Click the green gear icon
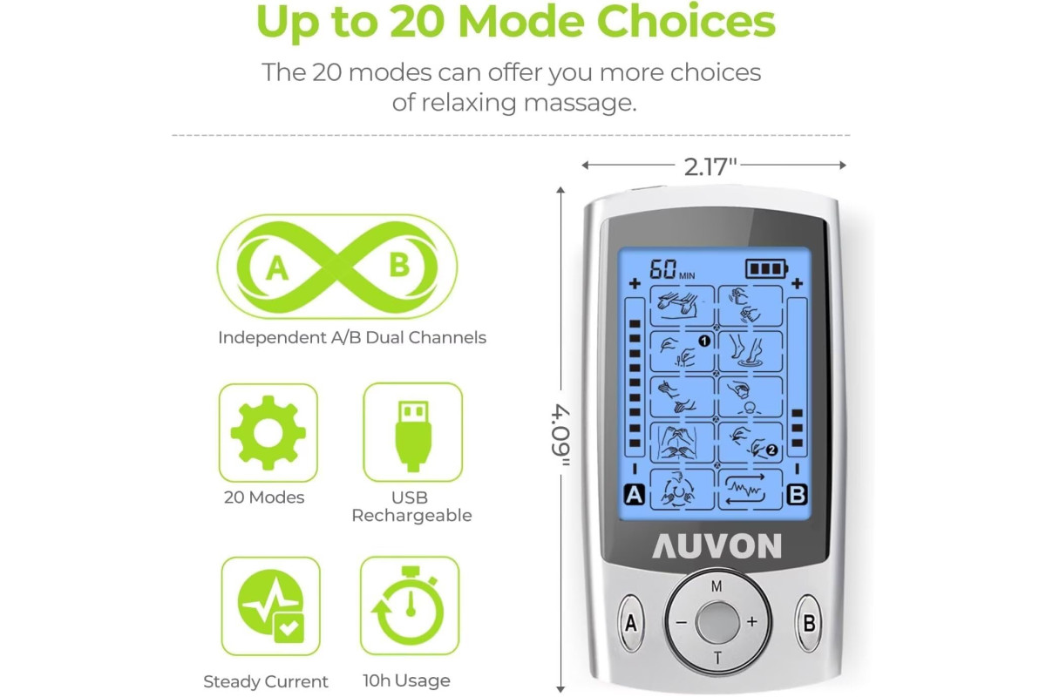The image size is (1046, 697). pyautogui.click(x=268, y=433)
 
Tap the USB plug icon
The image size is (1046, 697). pyautogui.click(x=413, y=436)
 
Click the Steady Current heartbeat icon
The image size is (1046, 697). pyautogui.click(x=271, y=606)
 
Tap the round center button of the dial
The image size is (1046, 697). pyautogui.click(x=717, y=622)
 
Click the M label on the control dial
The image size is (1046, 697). pyautogui.click(x=717, y=586)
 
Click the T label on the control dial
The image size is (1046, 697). pyautogui.click(x=717, y=659)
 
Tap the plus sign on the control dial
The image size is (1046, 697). pyautogui.click(x=751, y=622)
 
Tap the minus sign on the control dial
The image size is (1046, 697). pyautogui.click(x=682, y=622)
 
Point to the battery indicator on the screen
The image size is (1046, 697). pyautogui.click(x=767, y=269)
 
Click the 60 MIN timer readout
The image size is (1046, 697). pyautogui.click(x=672, y=270)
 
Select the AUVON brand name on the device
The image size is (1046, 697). pyautogui.click(x=717, y=545)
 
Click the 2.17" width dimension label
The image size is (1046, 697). pyautogui.click(x=710, y=166)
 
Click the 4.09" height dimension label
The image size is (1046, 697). pyautogui.click(x=560, y=435)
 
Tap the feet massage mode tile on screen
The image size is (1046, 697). pyautogui.click(x=750, y=351)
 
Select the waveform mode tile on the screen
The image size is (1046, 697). pyautogui.click(x=750, y=490)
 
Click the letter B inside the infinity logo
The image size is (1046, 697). pyautogui.click(x=399, y=266)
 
